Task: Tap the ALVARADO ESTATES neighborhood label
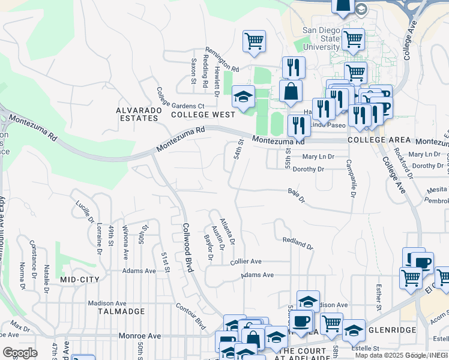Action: [x=137, y=114]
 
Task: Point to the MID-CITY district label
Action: [x=79, y=280]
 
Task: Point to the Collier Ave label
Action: [x=246, y=262]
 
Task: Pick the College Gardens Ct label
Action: [x=180, y=95]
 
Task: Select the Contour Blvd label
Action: [x=191, y=317]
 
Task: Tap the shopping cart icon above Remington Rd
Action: [x=254, y=41]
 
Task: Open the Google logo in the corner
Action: [x=20, y=353]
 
